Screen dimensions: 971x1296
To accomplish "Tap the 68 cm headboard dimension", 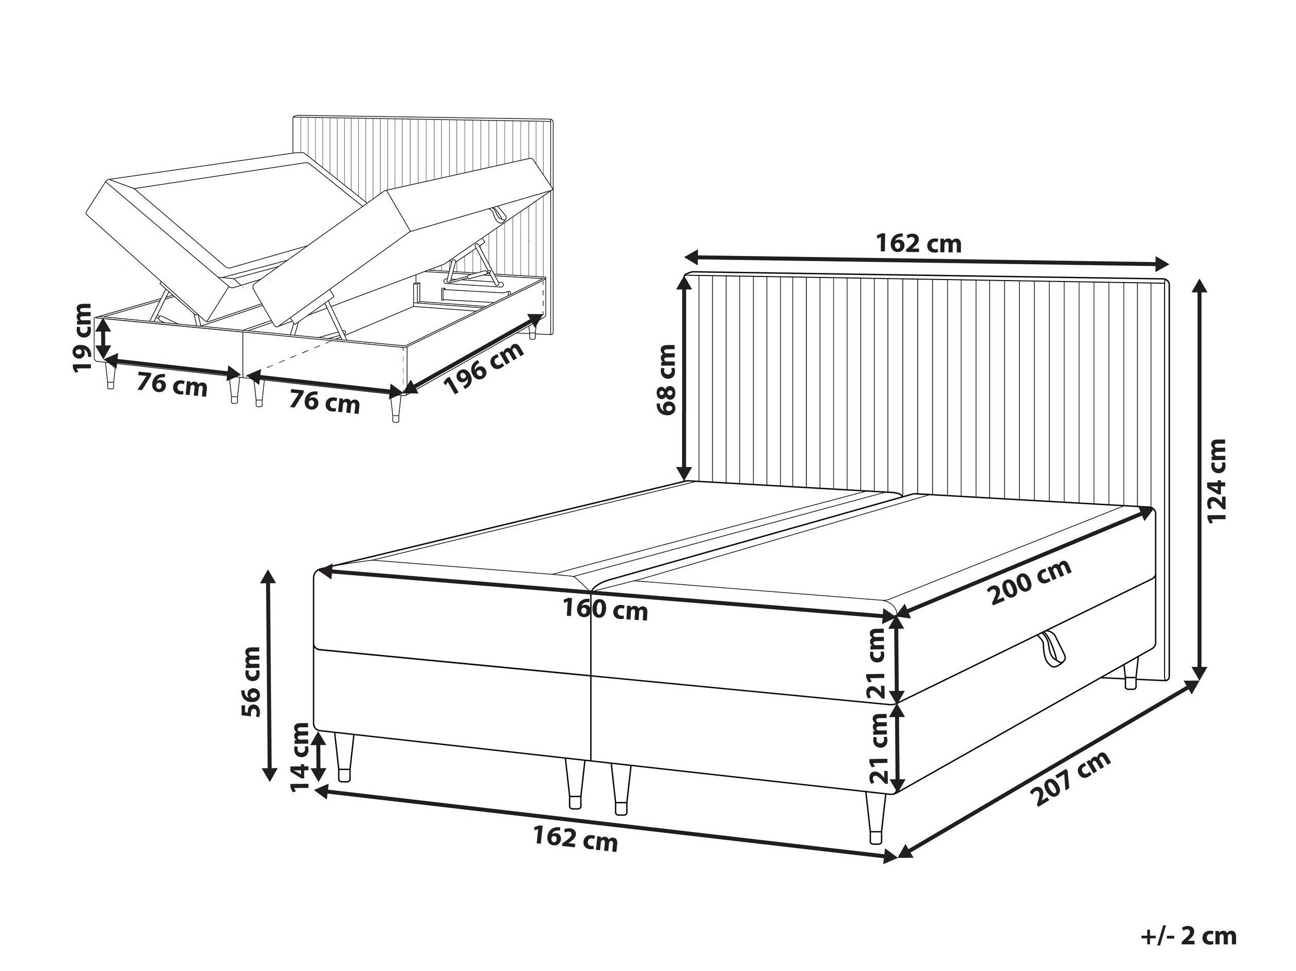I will point(667,380).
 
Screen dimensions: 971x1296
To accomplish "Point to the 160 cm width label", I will point(605,610).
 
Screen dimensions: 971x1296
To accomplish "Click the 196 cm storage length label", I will point(483,369).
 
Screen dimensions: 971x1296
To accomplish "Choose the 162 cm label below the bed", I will point(575,840).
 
